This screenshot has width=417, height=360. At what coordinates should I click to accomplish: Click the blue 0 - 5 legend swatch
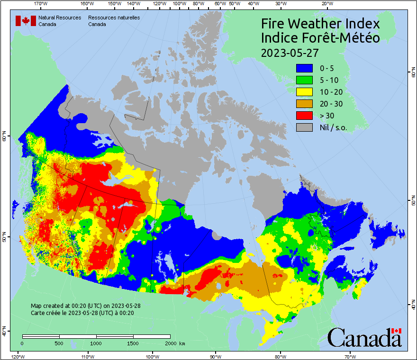[x=304, y=68]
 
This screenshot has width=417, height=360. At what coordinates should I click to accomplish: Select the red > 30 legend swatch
[x=304, y=116]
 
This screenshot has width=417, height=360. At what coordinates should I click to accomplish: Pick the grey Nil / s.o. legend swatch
[x=304, y=127]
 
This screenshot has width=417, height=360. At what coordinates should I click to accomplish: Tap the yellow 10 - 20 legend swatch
[x=304, y=92]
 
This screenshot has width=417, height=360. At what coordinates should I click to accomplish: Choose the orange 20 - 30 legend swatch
[x=304, y=104]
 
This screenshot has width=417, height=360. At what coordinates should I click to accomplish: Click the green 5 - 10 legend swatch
[x=304, y=80]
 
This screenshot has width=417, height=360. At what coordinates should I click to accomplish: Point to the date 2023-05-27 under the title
[x=290, y=52]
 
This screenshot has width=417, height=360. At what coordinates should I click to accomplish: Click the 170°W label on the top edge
[x=41, y=4]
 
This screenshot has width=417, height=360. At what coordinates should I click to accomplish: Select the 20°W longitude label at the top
[x=326, y=4]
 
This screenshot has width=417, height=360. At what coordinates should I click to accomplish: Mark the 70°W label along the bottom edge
[x=350, y=356]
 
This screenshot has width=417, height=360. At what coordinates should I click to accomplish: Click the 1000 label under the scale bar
[x=96, y=343]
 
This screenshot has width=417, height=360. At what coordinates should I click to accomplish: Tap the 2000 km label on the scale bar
[x=174, y=343]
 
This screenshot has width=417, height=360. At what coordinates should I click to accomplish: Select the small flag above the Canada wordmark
[x=396, y=331]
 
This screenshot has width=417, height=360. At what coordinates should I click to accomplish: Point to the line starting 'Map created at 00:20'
[x=85, y=306]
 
